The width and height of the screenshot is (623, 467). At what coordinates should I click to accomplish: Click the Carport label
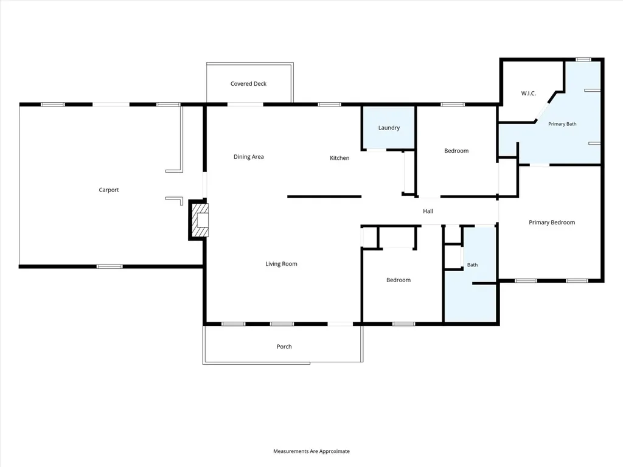[x=109, y=190]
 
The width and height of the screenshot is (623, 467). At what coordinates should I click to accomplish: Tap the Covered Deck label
[x=248, y=84]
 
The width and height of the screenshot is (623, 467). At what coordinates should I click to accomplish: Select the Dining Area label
[x=249, y=157]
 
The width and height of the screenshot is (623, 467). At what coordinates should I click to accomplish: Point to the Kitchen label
[x=339, y=158]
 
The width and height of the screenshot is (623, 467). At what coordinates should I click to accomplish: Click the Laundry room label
[x=389, y=128]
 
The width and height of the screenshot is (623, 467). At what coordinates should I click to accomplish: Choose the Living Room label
[x=281, y=264]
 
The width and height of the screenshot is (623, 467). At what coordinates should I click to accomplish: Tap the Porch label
[x=284, y=347]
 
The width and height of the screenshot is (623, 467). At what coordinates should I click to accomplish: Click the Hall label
[x=428, y=211]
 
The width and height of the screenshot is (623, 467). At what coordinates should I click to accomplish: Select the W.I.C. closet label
[x=529, y=93]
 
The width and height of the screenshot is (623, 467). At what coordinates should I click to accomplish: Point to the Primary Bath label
[x=562, y=124]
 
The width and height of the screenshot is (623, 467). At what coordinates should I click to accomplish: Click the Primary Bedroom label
[x=552, y=223]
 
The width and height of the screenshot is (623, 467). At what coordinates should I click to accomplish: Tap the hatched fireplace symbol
[x=200, y=220]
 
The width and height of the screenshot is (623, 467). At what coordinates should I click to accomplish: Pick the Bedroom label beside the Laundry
[x=456, y=151]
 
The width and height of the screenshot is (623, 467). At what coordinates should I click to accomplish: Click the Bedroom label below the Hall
[x=399, y=280]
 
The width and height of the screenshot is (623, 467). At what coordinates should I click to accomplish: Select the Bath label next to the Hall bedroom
[x=472, y=265]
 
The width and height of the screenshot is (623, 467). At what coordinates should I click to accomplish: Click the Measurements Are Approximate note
[x=311, y=451]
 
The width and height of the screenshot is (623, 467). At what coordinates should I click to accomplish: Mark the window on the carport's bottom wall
[x=110, y=266]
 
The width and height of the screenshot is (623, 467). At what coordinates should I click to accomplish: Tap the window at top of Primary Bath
[x=583, y=60]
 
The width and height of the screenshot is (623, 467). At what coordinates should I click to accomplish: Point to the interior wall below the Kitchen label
[x=324, y=196]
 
